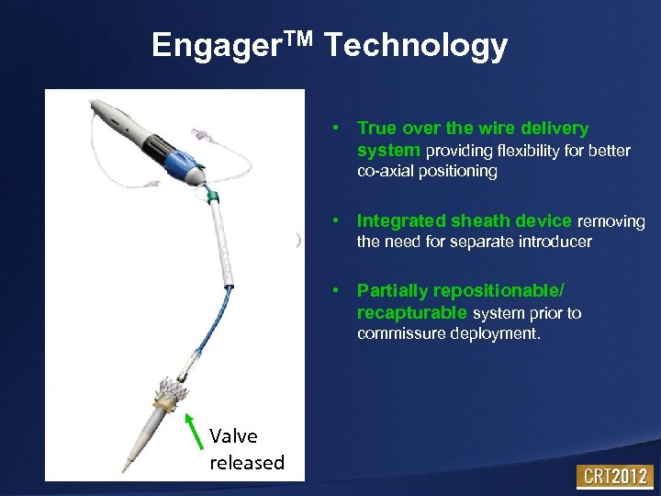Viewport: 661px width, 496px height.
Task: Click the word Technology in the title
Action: click(416, 45)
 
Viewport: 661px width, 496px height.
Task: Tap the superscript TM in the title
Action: click(293, 37)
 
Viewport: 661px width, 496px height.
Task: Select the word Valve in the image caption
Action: click(233, 435)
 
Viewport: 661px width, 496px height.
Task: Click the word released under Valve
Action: click(246, 462)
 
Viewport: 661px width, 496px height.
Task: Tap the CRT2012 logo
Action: click(613, 477)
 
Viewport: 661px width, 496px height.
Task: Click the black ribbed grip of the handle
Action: click(156, 145)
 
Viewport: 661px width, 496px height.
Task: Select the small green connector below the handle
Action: click(214, 197)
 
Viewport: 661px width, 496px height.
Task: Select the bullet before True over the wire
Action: click(338, 129)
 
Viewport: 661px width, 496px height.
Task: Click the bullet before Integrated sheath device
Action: click(338, 221)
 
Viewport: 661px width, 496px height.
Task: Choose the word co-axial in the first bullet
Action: click(386, 171)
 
